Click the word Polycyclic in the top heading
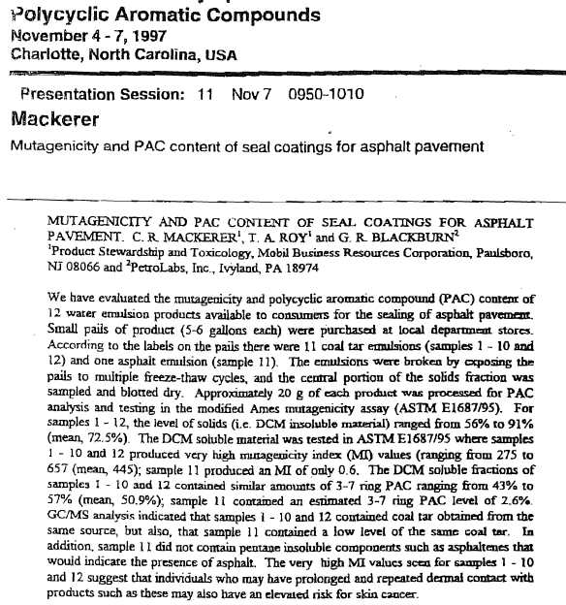[54, 16]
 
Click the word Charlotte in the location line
[44, 54]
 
